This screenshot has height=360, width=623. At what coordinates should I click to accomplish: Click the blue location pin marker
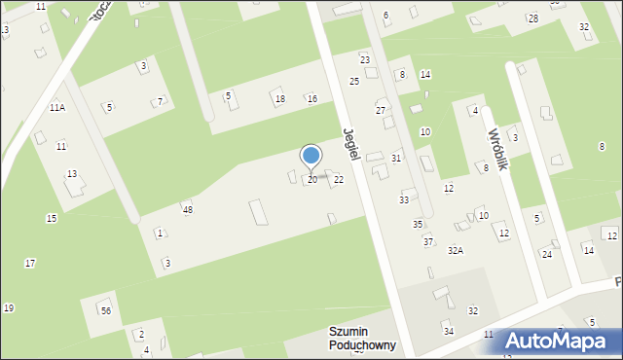(311, 156)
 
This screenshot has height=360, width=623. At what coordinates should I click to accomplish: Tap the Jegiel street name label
(353, 144)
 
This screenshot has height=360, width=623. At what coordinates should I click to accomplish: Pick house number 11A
(57, 108)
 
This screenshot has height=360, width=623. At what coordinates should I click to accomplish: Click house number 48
(187, 209)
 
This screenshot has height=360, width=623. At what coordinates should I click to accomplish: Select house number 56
(105, 310)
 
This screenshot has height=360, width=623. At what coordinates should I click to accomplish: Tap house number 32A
(455, 251)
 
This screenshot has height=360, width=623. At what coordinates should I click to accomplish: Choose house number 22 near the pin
(338, 179)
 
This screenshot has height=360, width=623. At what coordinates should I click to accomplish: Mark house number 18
(279, 99)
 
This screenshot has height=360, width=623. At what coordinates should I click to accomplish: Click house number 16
(311, 99)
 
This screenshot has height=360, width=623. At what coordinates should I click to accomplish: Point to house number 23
(365, 60)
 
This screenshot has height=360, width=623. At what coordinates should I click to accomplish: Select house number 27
(381, 110)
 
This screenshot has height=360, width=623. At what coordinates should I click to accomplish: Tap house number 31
(396, 158)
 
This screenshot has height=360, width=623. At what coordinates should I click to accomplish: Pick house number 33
(404, 199)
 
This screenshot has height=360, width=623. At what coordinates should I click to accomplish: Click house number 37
(428, 241)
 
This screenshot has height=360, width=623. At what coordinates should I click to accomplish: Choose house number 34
(449, 332)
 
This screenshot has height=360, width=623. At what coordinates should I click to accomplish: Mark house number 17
(30, 264)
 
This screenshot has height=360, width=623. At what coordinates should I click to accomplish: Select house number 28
(532, 19)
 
